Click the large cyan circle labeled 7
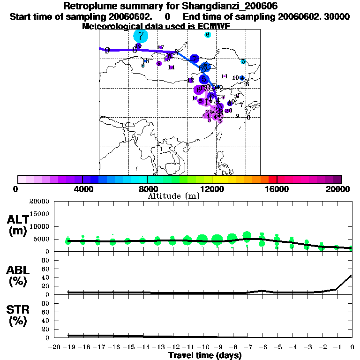pyautogui.click(x=141, y=36)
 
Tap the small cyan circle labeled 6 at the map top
pyautogui.click(x=208, y=35)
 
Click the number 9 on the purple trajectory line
pyautogui.click(x=107, y=50)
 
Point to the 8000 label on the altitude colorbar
pyautogui.click(x=148, y=188)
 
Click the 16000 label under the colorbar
pyautogui.click(x=277, y=188)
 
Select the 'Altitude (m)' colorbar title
pyautogui.click(x=173, y=196)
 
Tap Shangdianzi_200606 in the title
pyautogui.click(x=229, y=7)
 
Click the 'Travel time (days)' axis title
pyautogui.click(x=205, y=356)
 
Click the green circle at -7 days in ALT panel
pyautogui.click(x=247, y=236)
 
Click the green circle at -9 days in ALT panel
pyautogui.click(x=217, y=240)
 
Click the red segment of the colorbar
pyautogui.click(x=272, y=179)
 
